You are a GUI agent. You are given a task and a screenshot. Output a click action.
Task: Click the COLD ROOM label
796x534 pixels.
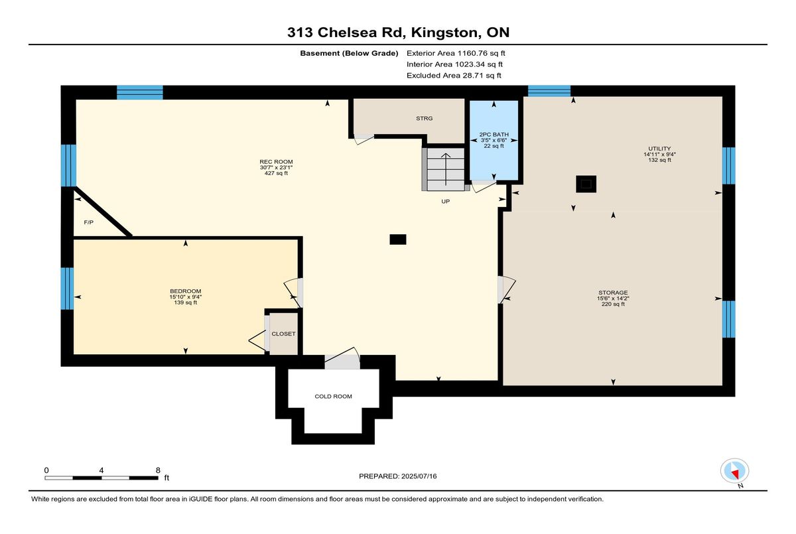click(x=333, y=396)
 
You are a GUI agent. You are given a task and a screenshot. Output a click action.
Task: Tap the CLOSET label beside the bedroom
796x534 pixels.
click(x=284, y=334)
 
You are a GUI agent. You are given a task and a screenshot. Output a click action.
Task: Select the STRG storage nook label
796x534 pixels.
click(x=425, y=118)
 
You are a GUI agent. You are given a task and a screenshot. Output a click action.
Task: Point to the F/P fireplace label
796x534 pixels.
click(x=88, y=222)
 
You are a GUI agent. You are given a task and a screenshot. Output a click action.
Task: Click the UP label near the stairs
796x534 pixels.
click(x=446, y=202)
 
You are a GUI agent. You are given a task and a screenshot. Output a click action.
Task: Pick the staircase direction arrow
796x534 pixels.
click(x=446, y=169)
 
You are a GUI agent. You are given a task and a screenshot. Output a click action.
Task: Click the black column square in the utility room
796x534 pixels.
click(x=586, y=184)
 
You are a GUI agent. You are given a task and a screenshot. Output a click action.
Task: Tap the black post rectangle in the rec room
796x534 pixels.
click(x=398, y=239)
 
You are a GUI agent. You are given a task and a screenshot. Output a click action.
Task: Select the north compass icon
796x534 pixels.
click(x=734, y=471)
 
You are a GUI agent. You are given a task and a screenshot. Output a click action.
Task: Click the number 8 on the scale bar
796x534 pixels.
click(x=158, y=470)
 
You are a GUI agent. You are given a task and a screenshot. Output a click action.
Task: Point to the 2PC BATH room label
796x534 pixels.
click(x=494, y=134)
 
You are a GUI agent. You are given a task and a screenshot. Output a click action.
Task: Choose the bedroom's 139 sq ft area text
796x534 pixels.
click(x=186, y=302)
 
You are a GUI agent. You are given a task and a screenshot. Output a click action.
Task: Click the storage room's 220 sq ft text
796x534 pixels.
click(x=613, y=304)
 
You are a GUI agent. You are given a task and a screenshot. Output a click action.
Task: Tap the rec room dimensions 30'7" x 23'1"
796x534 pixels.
click(x=276, y=167)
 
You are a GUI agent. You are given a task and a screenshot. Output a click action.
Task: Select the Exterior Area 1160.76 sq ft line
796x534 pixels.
click(x=456, y=53)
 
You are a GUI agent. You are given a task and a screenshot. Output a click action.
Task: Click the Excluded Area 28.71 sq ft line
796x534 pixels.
click(x=454, y=76)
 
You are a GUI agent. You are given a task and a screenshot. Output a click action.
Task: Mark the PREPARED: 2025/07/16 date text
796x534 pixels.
click(x=397, y=476)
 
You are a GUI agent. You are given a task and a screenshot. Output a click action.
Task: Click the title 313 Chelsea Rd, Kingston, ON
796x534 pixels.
click(x=399, y=33)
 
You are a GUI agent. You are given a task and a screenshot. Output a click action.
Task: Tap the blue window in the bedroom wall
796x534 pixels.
click(x=67, y=288)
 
